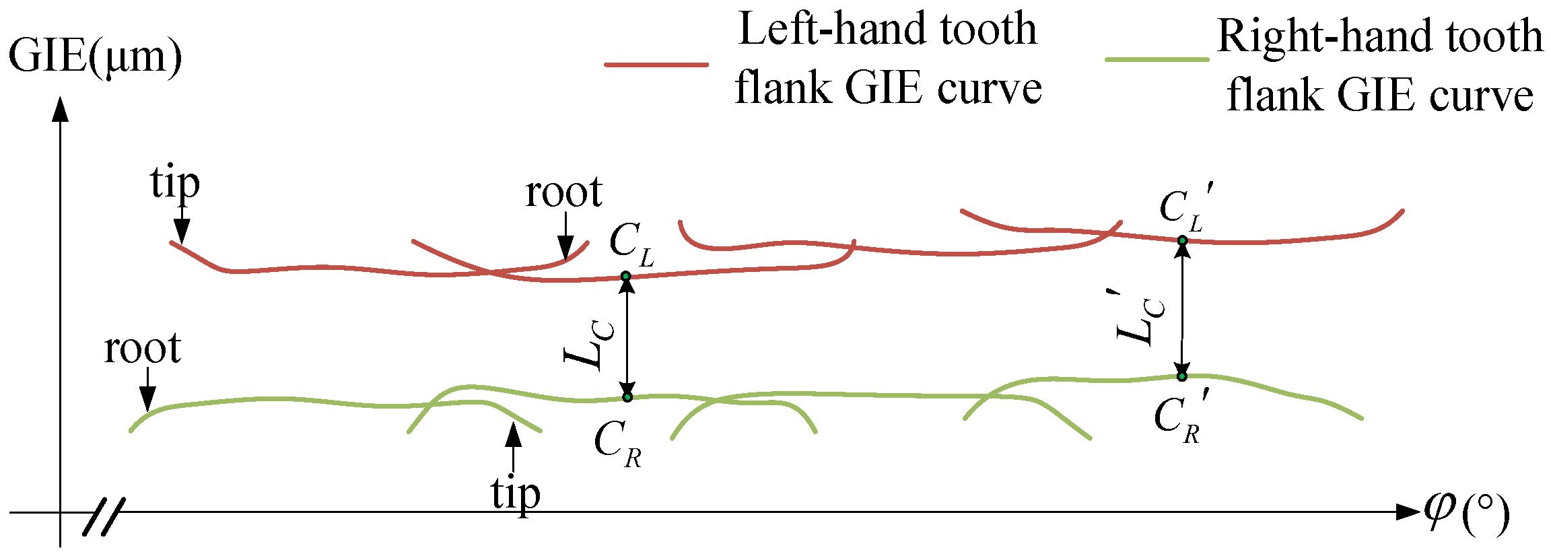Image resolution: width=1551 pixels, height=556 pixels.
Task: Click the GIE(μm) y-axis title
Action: tap(94, 57)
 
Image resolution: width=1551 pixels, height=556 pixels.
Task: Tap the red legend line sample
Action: tap(656, 65)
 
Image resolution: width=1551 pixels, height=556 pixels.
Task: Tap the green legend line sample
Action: tap(1157, 60)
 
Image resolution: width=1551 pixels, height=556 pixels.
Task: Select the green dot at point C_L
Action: tap(625, 276)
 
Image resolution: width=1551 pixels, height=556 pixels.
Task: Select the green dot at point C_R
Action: tap(627, 397)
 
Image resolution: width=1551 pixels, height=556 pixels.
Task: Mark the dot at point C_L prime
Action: tap(1182, 240)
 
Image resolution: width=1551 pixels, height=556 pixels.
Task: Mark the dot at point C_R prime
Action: tap(1181, 376)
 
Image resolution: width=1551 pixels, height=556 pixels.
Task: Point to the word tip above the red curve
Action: tap(174, 183)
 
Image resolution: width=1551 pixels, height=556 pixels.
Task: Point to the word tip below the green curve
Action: tap(515, 494)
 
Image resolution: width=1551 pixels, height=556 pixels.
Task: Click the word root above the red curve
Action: tap(563, 193)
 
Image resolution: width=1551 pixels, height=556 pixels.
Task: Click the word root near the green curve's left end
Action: tap(142, 349)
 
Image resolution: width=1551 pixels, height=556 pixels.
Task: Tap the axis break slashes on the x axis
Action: tap(104, 517)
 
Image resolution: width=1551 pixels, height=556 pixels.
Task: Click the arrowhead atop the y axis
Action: tap(61, 109)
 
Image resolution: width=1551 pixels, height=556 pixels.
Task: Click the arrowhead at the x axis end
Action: tap(1407, 512)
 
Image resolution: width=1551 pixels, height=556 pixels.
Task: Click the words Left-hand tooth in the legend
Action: tap(887, 30)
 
